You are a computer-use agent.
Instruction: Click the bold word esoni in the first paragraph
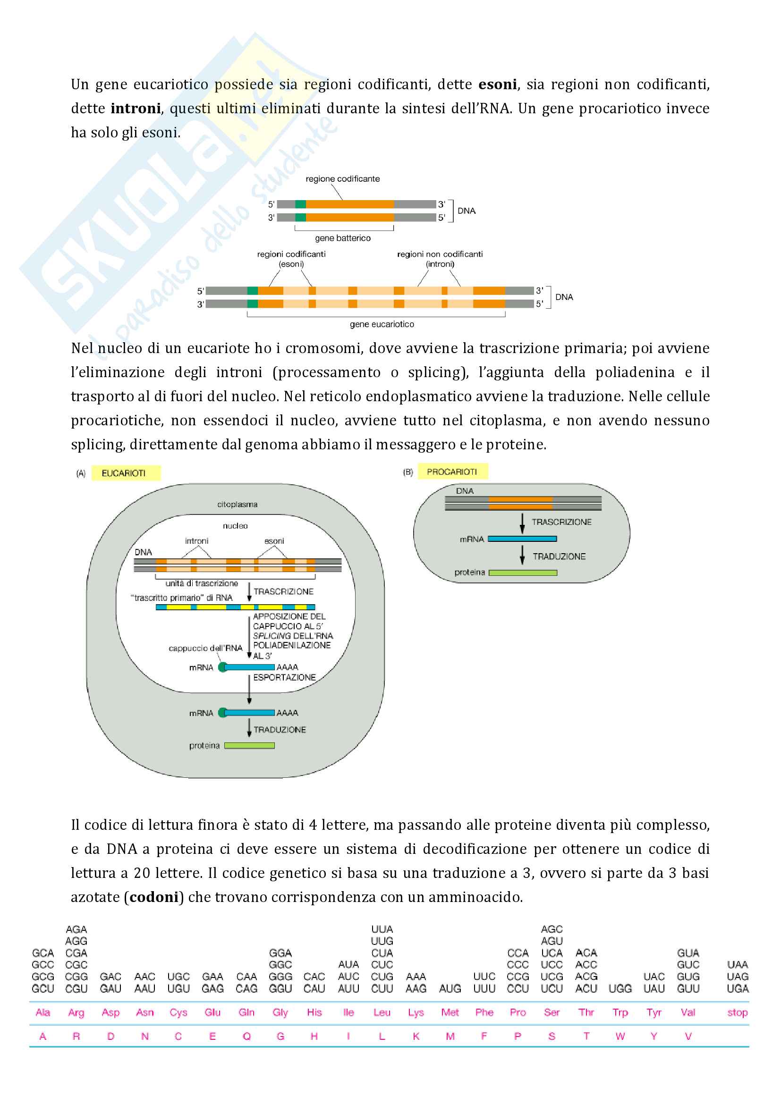click(x=497, y=84)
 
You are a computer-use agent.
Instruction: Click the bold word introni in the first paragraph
click(x=136, y=109)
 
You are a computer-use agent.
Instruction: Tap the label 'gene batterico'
click(x=342, y=238)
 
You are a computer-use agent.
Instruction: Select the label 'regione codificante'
click(x=342, y=179)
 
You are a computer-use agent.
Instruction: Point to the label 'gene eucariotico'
click(x=382, y=324)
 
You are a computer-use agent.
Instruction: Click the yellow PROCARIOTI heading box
click(x=452, y=472)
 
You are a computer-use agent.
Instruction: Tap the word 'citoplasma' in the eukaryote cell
click(x=237, y=505)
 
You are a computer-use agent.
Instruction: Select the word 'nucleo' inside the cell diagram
click(x=235, y=526)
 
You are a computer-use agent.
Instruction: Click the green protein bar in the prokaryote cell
click(x=523, y=573)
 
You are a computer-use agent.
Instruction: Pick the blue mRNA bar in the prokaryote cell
click(x=522, y=539)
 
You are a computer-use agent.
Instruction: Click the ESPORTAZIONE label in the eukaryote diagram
click(x=284, y=677)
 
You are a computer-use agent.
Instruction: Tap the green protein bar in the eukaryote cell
click(x=250, y=746)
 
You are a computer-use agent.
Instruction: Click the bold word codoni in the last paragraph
click(x=154, y=897)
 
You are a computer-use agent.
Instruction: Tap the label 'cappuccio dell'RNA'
click(x=205, y=648)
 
